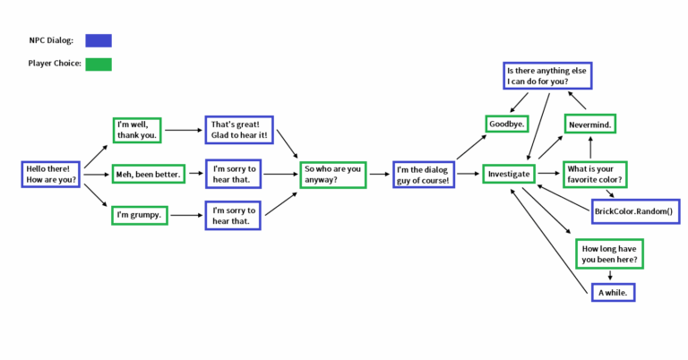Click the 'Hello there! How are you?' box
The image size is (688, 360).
pos(51,174)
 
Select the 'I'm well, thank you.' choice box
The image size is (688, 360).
pos(137,130)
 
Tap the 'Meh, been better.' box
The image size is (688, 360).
pos(149,174)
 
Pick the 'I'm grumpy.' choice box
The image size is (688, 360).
pos(140,215)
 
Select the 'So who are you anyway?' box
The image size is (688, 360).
pos(333,174)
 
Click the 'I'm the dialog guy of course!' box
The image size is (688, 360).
pos(424,174)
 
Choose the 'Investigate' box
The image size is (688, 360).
pos(510,174)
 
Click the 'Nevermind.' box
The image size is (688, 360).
pos(589,124)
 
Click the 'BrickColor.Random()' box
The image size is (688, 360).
pos(636,211)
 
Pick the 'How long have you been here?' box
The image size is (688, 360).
pos(609,253)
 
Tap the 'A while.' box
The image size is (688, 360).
pos(616,292)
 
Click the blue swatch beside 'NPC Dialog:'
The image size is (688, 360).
pos(99,40)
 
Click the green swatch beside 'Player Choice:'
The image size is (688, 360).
pos(99,64)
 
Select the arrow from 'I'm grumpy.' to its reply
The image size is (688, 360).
pos(185,215)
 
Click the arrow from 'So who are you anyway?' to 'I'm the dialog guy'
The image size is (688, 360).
pos(379,174)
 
